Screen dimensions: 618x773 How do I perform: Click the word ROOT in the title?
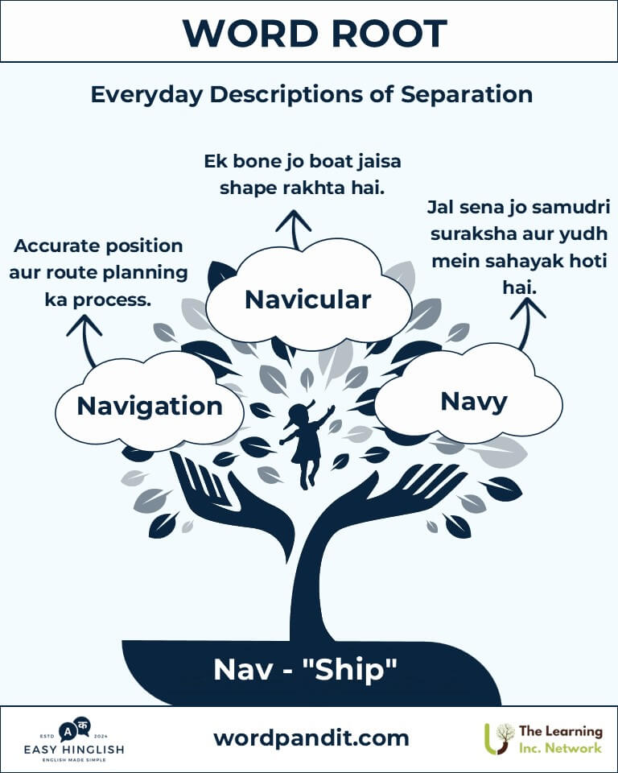click(389, 34)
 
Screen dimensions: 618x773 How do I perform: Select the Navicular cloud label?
click(307, 300)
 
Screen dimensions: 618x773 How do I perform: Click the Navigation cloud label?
click(150, 407)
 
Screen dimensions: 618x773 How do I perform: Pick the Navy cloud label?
click(474, 402)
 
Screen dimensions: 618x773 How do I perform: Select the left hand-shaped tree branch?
click(232, 502)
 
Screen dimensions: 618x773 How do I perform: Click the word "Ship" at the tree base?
click(349, 669)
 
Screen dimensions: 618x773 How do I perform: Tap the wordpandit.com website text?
click(311, 738)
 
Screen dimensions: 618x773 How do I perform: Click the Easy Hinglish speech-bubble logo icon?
click(74, 729)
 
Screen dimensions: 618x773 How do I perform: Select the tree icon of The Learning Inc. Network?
click(498, 738)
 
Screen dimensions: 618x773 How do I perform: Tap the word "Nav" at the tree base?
click(243, 669)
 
